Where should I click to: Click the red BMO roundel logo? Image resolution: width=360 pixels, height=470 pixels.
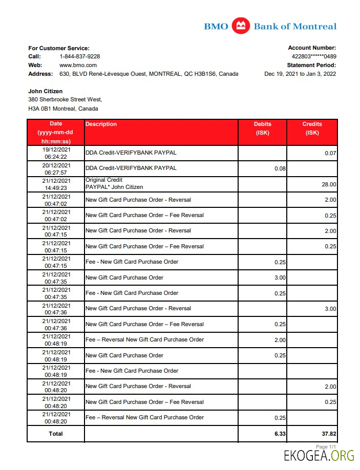(x=240, y=26)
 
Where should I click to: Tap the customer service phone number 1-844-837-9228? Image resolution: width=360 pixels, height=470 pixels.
(x=80, y=56)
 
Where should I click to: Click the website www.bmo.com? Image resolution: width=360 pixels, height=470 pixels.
(x=78, y=65)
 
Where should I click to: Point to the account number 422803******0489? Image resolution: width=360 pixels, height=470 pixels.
(x=314, y=56)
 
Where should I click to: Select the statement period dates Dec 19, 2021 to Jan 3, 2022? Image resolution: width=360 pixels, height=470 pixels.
(x=300, y=74)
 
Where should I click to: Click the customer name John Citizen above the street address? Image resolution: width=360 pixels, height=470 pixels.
(x=46, y=91)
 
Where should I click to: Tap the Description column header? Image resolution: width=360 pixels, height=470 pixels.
(x=101, y=124)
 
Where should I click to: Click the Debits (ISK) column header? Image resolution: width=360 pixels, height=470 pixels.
(x=263, y=128)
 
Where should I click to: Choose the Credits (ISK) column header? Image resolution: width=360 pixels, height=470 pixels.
(x=312, y=128)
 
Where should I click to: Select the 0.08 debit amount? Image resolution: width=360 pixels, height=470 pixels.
(x=280, y=168)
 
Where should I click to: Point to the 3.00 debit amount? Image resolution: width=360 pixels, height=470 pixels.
(x=280, y=278)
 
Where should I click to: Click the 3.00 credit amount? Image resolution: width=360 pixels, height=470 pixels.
(x=330, y=309)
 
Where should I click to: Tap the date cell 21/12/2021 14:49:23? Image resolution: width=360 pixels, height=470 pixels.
(x=56, y=184)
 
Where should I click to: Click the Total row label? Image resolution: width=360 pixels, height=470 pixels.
(x=56, y=434)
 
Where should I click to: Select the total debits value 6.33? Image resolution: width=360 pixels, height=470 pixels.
(x=280, y=434)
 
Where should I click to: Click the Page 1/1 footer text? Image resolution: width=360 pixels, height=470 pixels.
(x=326, y=447)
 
